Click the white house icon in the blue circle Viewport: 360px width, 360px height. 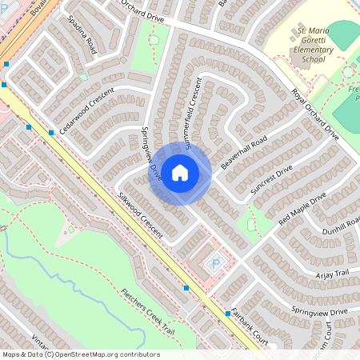pyautogui.click(x=180, y=172)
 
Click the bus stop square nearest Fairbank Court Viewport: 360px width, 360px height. pyautogui.click(x=228, y=314)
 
